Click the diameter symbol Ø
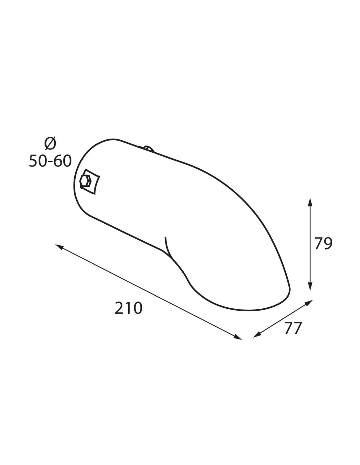point(50,143)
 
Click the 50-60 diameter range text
point(50,161)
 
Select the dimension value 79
point(323,243)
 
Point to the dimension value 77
point(293,328)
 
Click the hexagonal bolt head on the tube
point(85,181)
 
